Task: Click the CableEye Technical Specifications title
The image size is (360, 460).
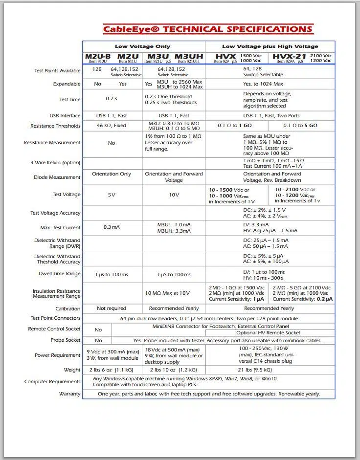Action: [208, 29]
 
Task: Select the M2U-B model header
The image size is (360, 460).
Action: [98, 57]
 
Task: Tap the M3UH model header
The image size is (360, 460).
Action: [189, 57]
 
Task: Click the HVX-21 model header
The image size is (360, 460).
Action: [289, 57]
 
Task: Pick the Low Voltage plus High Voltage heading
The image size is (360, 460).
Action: [270, 46]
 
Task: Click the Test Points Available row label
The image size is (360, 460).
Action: [57, 71]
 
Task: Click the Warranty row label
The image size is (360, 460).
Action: [69, 394]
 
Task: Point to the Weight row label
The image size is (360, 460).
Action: [72, 370]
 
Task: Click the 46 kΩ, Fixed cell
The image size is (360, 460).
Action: [112, 126]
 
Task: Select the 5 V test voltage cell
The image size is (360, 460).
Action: [112, 195]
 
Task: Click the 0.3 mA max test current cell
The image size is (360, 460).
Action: [112, 227]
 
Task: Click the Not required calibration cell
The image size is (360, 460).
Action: [112, 308]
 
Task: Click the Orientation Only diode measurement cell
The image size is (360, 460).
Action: [112, 174]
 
